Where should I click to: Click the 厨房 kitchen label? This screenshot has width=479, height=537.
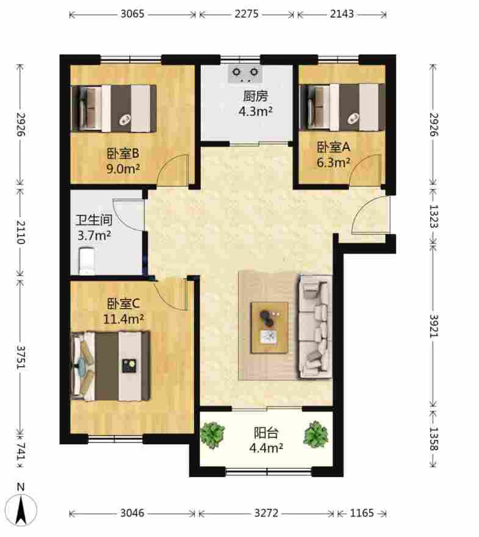(x=256, y=96)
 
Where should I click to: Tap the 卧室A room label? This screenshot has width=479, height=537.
(x=333, y=147)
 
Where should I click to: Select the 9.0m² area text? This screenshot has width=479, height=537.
(x=123, y=168)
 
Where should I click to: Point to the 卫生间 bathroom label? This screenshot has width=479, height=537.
(x=94, y=220)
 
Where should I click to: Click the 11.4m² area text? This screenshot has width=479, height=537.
(x=123, y=319)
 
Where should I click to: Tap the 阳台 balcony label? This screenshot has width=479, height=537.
(x=265, y=433)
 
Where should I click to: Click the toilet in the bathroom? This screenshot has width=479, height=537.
(x=87, y=261)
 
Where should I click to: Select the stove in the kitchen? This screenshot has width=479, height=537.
(x=245, y=73)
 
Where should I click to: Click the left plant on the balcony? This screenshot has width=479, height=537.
(x=212, y=435)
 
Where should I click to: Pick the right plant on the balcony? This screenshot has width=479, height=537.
(x=315, y=434)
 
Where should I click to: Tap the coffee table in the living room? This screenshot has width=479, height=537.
(x=269, y=328)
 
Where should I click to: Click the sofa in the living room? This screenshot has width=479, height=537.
(x=315, y=326)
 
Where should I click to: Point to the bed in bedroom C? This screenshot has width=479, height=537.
(x=110, y=366)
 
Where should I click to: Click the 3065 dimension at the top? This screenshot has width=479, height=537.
(x=132, y=14)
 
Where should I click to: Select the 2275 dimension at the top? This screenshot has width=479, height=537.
(x=247, y=14)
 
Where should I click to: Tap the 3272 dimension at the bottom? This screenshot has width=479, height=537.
(x=267, y=513)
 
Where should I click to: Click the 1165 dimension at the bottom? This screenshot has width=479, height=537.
(x=362, y=513)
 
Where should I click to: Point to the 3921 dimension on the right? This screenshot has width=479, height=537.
(x=434, y=326)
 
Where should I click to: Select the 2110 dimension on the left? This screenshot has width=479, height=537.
(x=21, y=232)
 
